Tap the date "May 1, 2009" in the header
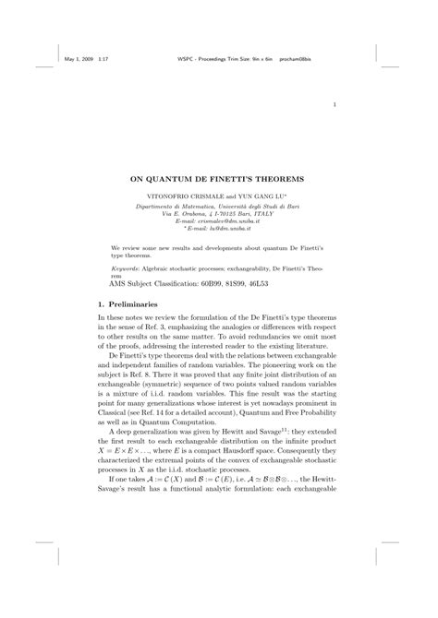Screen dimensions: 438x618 (x=82, y=61)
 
